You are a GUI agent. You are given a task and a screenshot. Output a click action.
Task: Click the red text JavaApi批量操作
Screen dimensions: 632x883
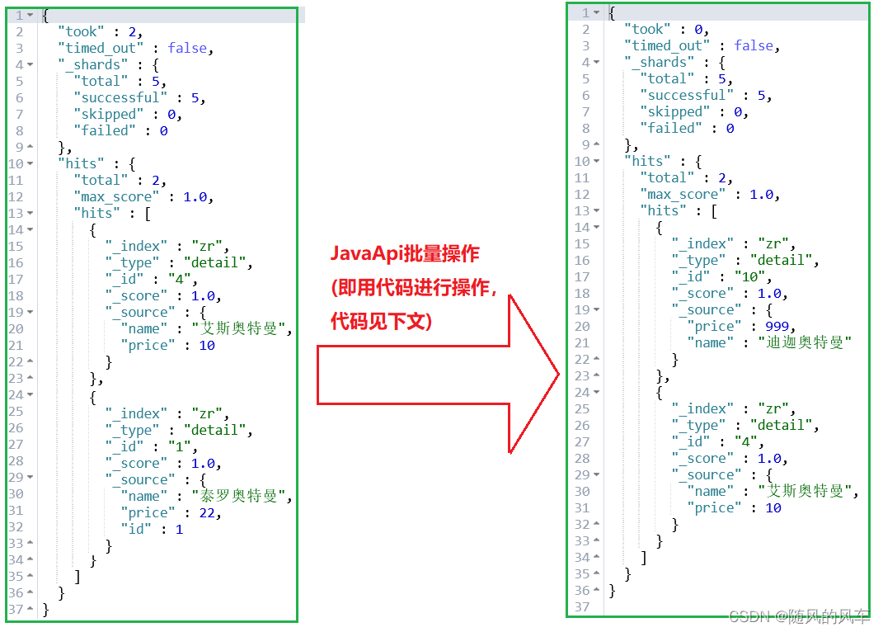[405, 253]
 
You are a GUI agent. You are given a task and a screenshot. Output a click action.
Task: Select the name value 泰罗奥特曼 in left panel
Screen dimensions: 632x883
[242, 496]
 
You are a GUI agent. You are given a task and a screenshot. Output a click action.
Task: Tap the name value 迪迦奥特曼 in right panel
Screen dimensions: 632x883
[804, 342]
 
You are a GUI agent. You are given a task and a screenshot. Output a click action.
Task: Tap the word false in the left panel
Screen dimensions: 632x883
[187, 48]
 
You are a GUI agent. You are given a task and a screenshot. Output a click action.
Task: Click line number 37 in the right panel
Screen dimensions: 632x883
[582, 606]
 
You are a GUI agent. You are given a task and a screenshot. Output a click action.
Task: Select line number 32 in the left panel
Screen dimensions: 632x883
[16, 529]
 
